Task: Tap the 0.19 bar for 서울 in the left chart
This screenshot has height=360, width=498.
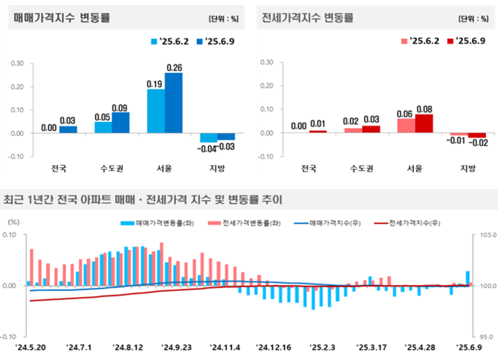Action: pos(156,111)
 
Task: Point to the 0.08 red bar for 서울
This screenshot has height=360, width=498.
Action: pos(423,123)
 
